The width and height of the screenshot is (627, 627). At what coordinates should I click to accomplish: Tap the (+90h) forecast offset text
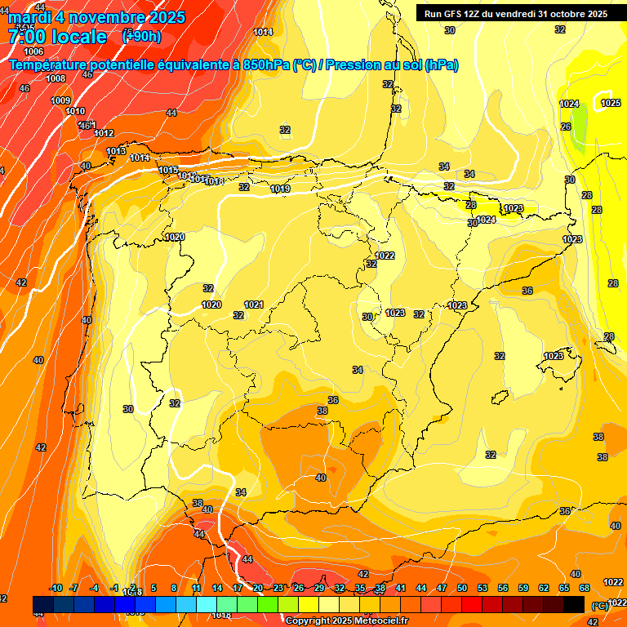(141, 37)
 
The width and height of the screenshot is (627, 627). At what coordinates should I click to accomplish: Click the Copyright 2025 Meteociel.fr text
(347, 621)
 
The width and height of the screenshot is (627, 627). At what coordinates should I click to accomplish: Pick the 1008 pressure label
(56, 78)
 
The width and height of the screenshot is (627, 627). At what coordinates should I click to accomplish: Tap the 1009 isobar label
(60, 100)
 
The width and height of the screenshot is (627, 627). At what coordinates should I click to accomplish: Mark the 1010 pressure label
(75, 111)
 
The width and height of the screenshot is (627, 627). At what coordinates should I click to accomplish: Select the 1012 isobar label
(104, 133)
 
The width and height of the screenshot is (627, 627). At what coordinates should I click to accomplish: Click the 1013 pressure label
(116, 152)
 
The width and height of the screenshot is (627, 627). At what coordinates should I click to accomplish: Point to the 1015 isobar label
(168, 170)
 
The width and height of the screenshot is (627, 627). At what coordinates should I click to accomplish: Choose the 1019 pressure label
(280, 189)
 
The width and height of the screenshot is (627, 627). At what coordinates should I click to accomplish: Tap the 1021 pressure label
(254, 305)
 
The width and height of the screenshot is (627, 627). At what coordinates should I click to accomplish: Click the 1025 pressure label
(611, 103)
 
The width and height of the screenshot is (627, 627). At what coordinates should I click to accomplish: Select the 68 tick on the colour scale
(585, 588)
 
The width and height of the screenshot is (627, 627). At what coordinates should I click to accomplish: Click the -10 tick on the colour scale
(56, 588)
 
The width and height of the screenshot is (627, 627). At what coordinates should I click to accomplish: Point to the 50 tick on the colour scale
(462, 588)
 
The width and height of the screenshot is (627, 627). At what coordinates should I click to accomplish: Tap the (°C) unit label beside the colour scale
(599, 606)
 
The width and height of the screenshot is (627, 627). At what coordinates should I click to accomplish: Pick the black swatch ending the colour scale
(574, 604)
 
